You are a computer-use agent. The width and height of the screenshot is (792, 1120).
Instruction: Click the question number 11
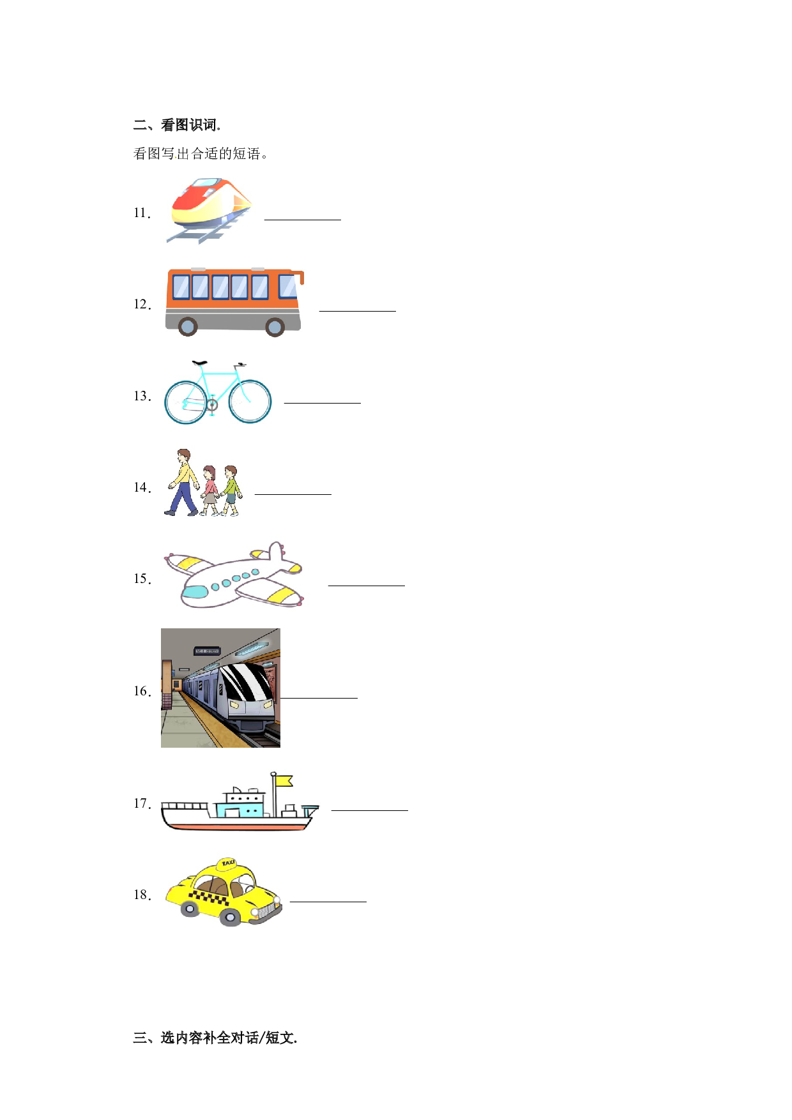142,213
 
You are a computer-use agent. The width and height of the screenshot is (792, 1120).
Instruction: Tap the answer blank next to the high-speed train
303,220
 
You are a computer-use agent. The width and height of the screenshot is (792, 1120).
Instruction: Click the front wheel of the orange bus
275,328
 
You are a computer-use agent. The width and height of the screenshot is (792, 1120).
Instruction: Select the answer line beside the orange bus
358,311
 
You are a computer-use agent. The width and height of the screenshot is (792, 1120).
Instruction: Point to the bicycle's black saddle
199,363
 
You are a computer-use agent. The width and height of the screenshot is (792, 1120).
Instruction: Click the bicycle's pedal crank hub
211,404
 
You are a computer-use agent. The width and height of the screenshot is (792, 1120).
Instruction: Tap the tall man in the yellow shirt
183,482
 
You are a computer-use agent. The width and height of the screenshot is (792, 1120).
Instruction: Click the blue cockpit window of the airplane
195,592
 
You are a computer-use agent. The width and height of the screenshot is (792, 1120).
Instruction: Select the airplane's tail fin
275,552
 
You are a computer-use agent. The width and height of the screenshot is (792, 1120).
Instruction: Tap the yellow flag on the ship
284,781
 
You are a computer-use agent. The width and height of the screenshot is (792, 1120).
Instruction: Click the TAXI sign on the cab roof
227,864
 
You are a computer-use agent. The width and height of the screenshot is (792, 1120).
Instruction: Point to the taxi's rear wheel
190,909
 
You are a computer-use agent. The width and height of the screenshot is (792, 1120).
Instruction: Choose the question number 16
142,692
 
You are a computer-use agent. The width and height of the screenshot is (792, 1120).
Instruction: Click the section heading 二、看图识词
177,125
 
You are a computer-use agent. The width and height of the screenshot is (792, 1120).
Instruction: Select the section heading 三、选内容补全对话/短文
215,1038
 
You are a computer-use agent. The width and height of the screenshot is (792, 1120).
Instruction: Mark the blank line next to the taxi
328,902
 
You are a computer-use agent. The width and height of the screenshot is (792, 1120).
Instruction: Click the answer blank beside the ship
370,810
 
